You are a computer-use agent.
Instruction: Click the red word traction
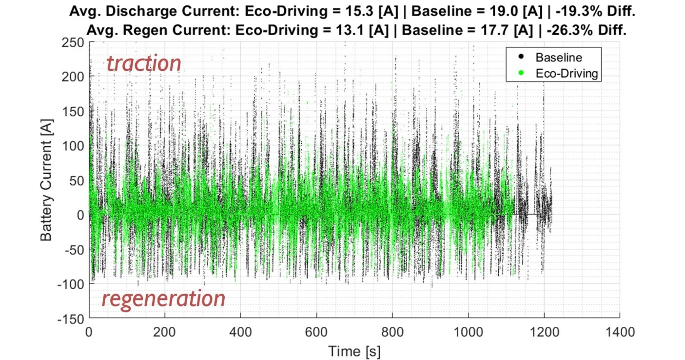click(144, 64)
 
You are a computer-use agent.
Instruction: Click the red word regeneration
click(163, 299)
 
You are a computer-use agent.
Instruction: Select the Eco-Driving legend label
click(566, 74)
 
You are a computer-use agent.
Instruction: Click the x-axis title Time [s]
click(354, 351)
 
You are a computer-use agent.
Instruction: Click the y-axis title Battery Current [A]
click(46, 180)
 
